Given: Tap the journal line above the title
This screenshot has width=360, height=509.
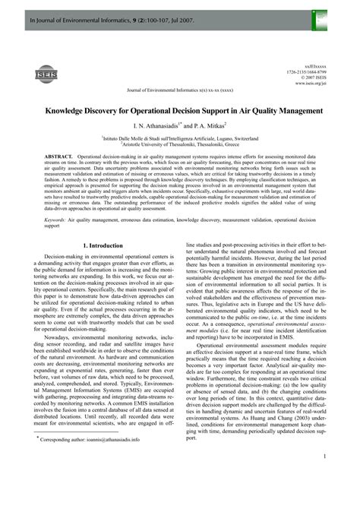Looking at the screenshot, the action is coord(180,89).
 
